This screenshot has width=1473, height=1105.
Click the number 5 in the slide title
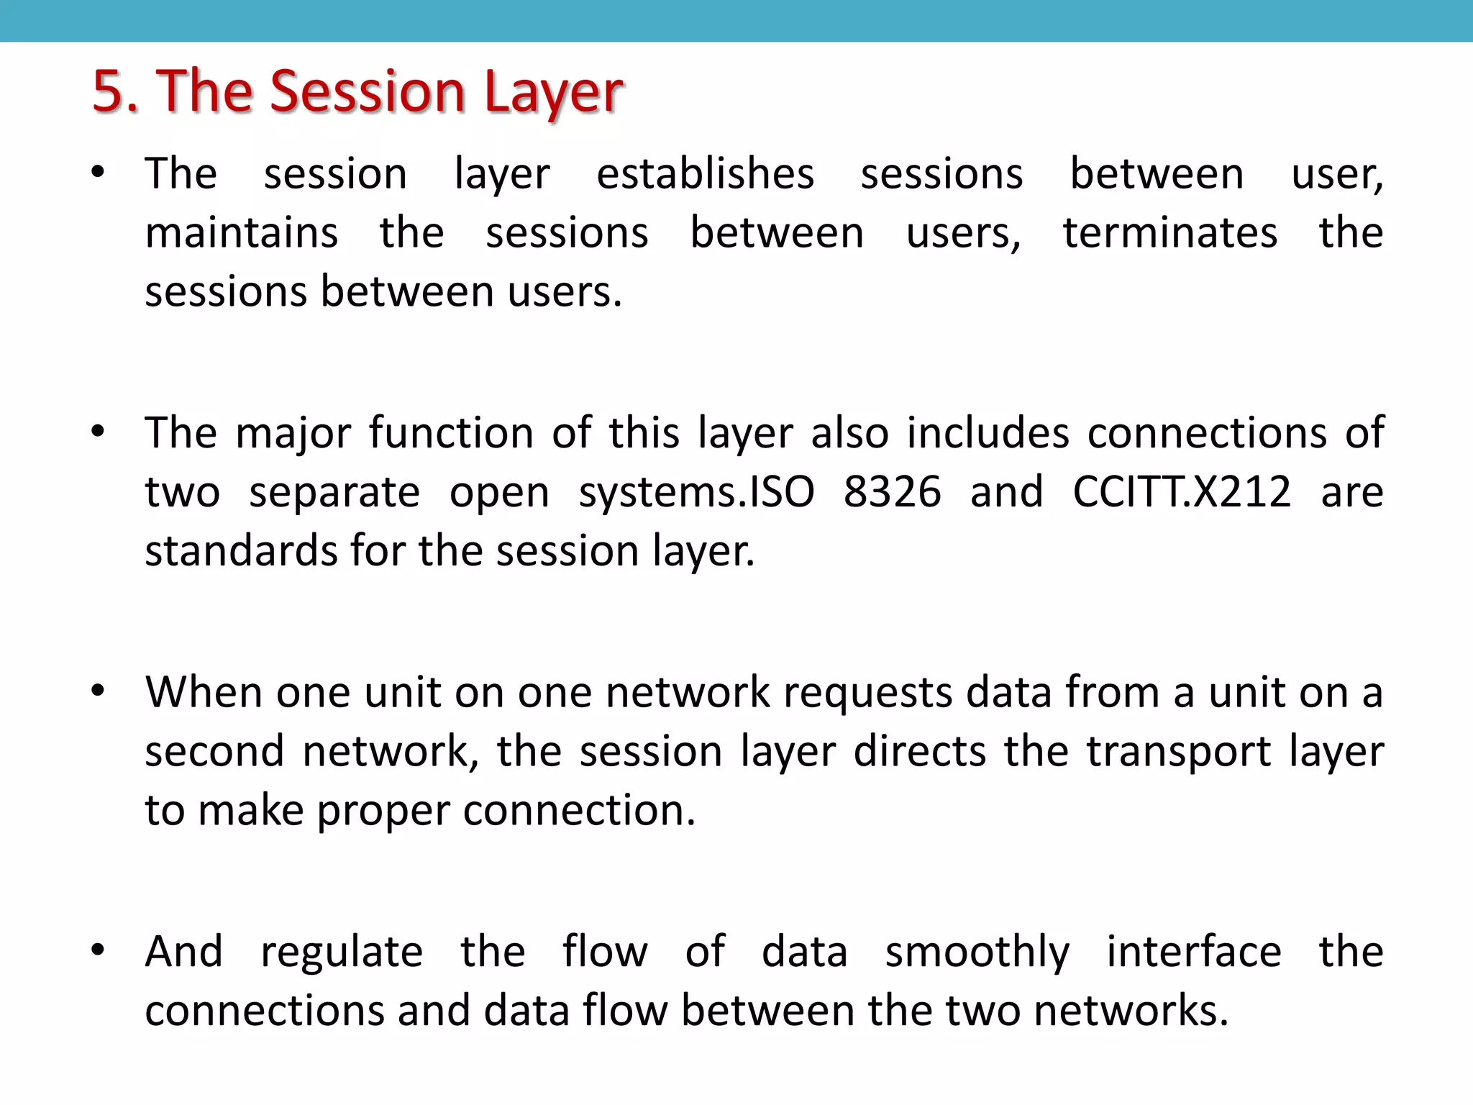[x=109, y=91]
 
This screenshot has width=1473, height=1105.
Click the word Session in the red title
[x=368, y=91]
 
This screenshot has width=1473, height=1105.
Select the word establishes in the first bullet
[x=705, y=174]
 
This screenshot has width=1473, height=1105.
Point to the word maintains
[x=242, y=233]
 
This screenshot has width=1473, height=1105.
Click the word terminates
[x=1170, y=233]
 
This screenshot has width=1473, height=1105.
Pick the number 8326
[x=892, y=492]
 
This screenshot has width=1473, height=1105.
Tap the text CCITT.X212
[x=1182, y=492]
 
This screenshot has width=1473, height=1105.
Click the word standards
[x=241, y=551]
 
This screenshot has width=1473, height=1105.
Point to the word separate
[x=334, y=494]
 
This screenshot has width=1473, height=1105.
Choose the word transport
[x=1179, y=752]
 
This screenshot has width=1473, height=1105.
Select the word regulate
[x=342, y=952]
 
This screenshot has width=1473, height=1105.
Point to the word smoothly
[x=977, y=952]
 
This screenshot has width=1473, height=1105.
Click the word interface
[x=1193, y=951]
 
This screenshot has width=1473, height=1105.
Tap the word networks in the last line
[x=1131, y=1010]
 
